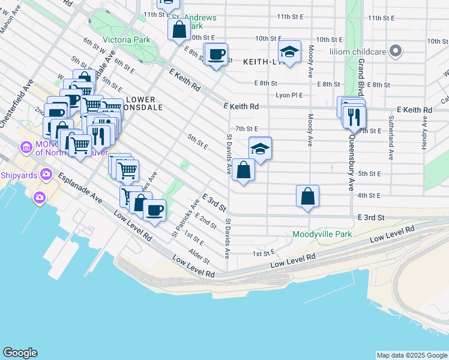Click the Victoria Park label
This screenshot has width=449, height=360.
[125, 40]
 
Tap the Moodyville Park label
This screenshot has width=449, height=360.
[322, 234]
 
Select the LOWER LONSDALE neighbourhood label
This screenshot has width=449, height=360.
[140, 104]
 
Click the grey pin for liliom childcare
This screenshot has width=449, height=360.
[396, 52]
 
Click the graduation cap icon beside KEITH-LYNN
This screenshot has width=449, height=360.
[289, 53]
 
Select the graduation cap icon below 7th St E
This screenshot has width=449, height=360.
[260, 148]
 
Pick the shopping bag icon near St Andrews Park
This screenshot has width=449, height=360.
[179, 28]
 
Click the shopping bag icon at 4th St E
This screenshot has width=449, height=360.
[307, 196]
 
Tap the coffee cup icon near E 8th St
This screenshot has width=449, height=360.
[216, 55]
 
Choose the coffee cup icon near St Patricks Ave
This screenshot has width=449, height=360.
[155, 211]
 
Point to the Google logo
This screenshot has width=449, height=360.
[20, 353]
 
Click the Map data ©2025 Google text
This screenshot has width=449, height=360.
[411, 355]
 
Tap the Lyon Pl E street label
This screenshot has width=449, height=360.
[289, 95]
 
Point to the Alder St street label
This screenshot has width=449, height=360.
[199, 256]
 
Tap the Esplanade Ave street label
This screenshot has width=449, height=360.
[79, 187]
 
